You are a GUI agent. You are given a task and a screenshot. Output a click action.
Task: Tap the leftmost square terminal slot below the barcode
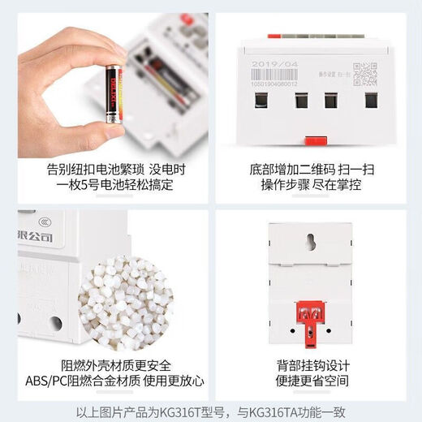(261, 101)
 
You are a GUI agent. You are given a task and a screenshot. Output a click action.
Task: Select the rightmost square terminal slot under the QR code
(371, 101)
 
